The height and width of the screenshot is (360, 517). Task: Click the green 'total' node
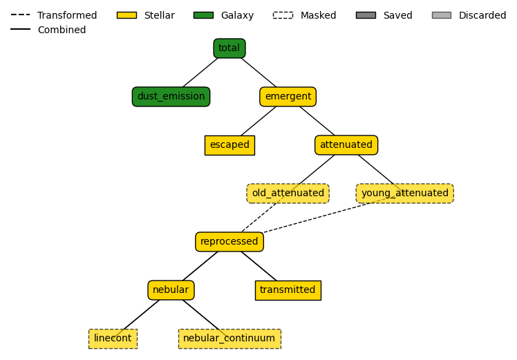[x=229, y=48]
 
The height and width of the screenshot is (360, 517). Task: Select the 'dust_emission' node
[x=171, y=97]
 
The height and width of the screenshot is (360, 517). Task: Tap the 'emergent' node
[x=288, y=97]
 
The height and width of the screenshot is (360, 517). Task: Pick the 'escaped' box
[x=229, y=145]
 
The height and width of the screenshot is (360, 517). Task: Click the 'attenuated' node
[x=346, y=145]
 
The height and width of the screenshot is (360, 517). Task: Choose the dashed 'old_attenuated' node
[x=288, y=193]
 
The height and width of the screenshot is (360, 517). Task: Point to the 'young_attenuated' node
[x=404, y=193]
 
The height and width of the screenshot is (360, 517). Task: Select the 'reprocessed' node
[x=229, y=242]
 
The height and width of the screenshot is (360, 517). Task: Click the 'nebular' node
[x=171, y=290]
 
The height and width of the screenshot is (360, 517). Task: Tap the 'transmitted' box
[x=288, y=290]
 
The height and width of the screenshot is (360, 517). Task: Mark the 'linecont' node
[x=113, y=339]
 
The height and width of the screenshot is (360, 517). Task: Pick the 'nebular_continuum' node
[x=229, y=339]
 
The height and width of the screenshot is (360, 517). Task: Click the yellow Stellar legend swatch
[x=126, y=15]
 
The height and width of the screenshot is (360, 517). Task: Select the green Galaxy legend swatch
[x=203, y=15]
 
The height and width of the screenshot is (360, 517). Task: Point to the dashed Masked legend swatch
[x=283, y=15]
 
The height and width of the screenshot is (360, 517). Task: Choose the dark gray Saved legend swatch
[x=366, y=15]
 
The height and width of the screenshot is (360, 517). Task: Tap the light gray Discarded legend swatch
[x=442, y=15]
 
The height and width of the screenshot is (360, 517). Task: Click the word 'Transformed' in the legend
[x=67, y=15]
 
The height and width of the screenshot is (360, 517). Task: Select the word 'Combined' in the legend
[x=62, y=30]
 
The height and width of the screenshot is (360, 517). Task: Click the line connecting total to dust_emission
[x=200, y=73]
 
